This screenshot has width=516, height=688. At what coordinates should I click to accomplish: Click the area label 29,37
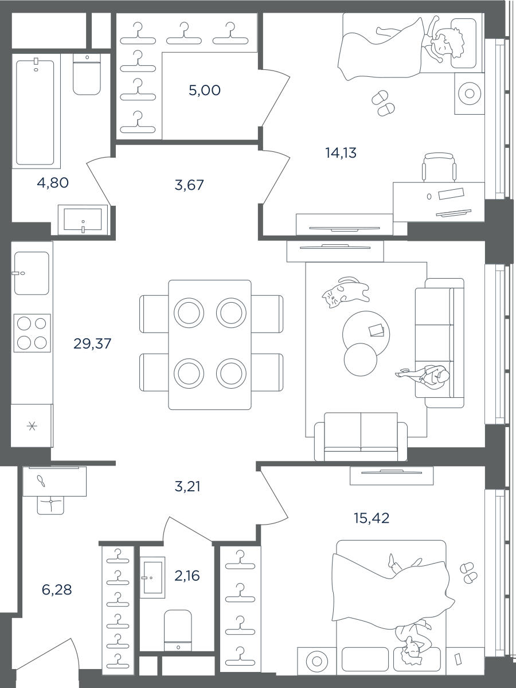[92, 344]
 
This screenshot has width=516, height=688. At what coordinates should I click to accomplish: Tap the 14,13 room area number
[341, 153]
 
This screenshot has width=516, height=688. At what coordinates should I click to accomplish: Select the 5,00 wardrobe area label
[205, 90]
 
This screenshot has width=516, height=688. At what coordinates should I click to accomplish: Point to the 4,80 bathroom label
[53, 183]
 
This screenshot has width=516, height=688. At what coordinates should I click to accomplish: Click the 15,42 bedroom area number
[372, 518]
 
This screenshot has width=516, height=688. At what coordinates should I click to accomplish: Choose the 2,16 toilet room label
[187, 576]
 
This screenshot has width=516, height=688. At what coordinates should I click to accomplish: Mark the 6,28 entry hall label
[57, 590]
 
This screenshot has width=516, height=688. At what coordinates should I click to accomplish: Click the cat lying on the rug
[345, 292]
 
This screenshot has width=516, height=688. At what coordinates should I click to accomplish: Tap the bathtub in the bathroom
[35, 112]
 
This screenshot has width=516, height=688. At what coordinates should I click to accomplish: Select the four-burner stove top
[32, 333]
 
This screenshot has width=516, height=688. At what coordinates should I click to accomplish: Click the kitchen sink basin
[32, 273]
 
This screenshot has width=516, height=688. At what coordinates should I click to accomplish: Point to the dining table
[210, 345]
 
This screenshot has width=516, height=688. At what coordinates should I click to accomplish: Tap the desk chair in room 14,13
[439, 167]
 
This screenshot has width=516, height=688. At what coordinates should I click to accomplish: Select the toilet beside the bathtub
[87, 75]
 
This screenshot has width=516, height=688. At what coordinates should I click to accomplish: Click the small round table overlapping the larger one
[360, 359]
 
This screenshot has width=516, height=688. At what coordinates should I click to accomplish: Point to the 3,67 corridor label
[189, 185]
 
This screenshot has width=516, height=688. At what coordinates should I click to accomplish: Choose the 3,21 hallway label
[187, 487]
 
